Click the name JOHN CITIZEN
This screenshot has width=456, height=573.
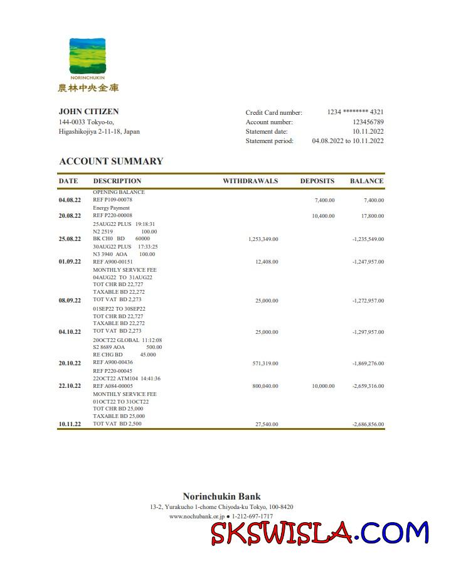point(88,112)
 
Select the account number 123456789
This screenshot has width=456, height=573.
point(368,122)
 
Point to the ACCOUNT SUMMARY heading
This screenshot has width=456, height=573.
point(111,161)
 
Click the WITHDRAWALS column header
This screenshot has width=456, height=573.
point(250,181)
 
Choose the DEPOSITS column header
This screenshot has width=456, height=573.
point(317,181)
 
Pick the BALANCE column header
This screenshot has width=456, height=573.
point(366,181)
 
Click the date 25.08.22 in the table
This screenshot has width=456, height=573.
point(70,239)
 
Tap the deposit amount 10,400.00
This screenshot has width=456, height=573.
point(323,216)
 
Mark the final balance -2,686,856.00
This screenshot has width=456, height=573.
point(368,425)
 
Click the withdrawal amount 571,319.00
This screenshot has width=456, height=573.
point(265,363)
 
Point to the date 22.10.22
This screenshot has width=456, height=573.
point(70,386)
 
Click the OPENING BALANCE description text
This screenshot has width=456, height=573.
point(119,192)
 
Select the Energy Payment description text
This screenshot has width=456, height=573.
point(111,208)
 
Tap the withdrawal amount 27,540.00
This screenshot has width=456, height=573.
point(267,425)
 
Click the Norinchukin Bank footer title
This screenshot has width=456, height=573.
point(221,496)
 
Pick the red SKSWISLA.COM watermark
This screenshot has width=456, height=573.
point(319,533)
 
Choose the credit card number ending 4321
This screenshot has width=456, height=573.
point(355,112)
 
